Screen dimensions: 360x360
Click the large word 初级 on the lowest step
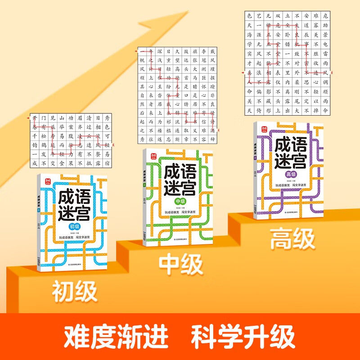click(75, 292)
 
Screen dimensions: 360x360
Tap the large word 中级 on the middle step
click(181, 265)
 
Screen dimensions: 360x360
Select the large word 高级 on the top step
click(292, 239)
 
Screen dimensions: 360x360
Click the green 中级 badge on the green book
click(180, 201)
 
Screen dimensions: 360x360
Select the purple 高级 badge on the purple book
click(291, 174)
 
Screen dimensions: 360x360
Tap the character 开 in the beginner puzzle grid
click(35, 117)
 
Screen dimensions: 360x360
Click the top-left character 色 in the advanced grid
click(250, 16)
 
